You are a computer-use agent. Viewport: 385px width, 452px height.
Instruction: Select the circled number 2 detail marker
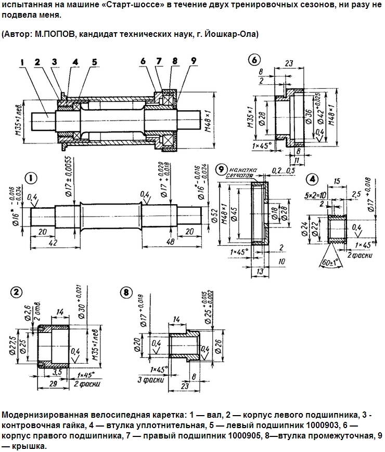[18, 293]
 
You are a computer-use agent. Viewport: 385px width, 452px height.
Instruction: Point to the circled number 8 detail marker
[125, 292]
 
